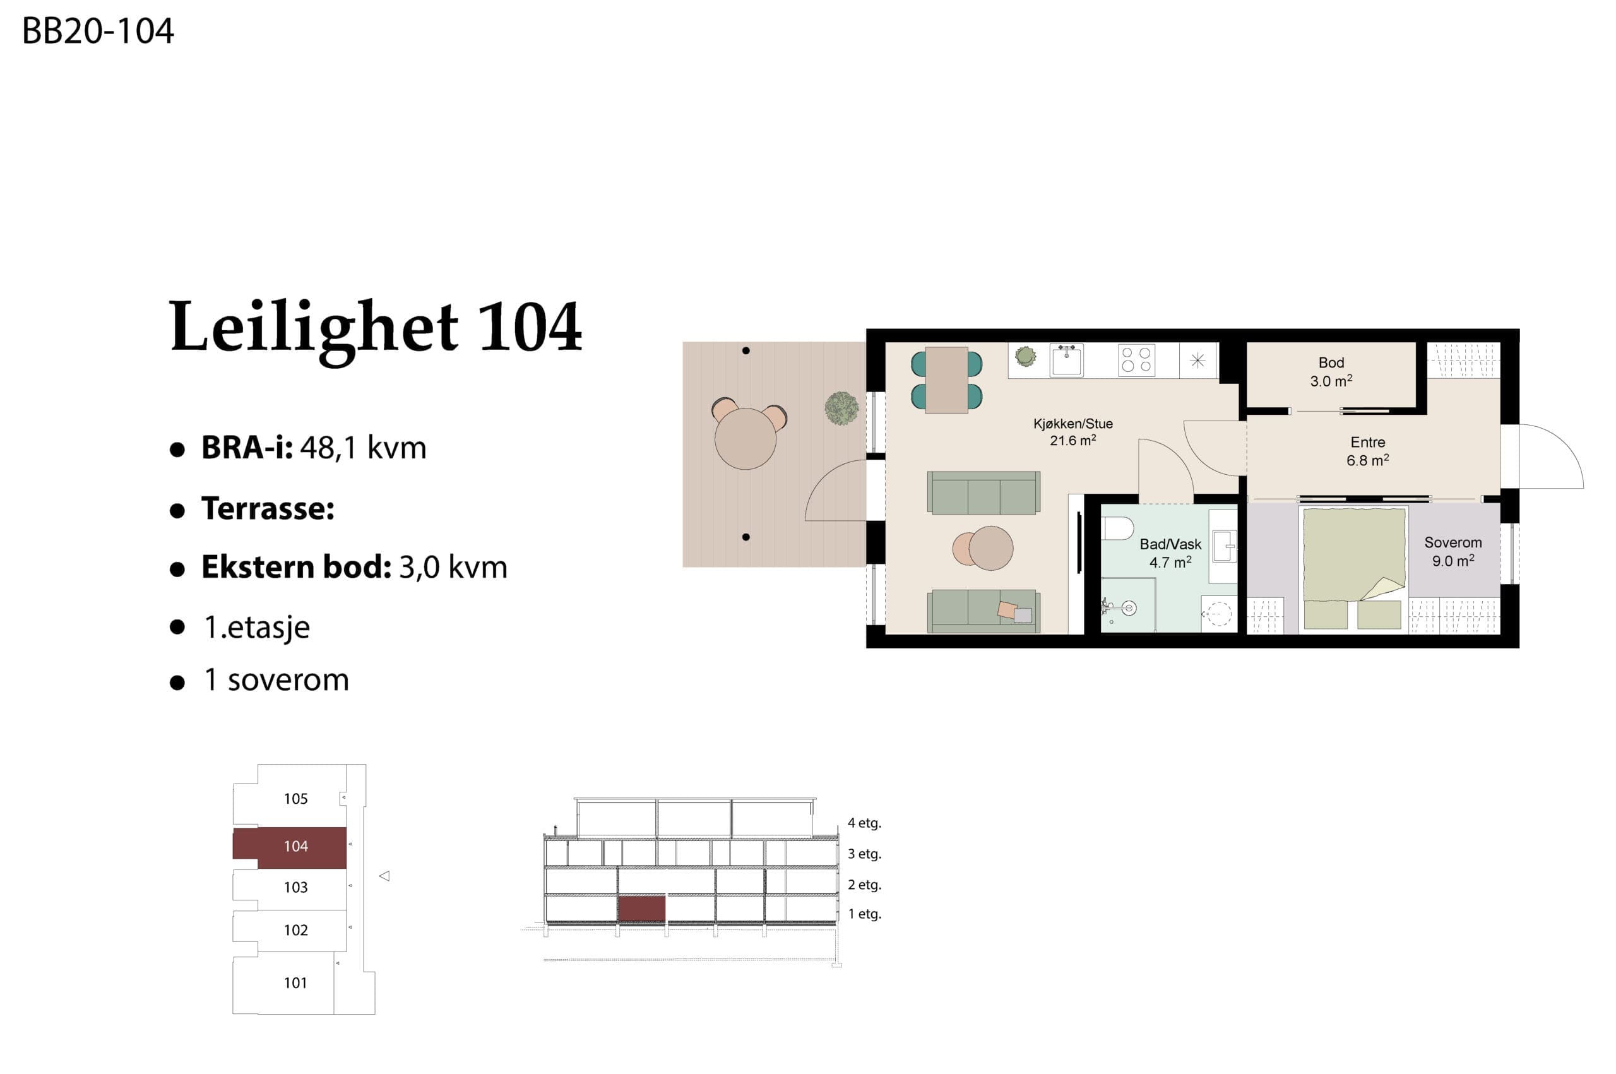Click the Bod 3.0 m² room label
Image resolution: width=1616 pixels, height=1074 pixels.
[1331, 372]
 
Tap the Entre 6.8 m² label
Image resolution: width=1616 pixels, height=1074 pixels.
[1367, 451]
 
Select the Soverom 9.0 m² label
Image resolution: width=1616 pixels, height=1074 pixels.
[1453, 551]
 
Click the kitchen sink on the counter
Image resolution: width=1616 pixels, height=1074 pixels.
[1066, 361]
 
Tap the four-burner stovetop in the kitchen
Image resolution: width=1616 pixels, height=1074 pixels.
[1136, 361]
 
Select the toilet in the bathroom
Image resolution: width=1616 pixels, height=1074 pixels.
[1117, 528]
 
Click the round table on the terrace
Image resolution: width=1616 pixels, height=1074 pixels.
[745, 438]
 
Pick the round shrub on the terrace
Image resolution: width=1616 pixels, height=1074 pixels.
[841, 409]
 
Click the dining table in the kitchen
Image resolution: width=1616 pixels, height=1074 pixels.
[946, 380]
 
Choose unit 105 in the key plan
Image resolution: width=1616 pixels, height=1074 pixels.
[295, 798]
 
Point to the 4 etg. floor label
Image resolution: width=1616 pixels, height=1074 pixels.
[864, 823]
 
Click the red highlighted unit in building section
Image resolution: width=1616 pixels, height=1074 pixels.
[641, 908]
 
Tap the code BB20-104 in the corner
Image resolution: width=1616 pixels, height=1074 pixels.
[98, 31]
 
